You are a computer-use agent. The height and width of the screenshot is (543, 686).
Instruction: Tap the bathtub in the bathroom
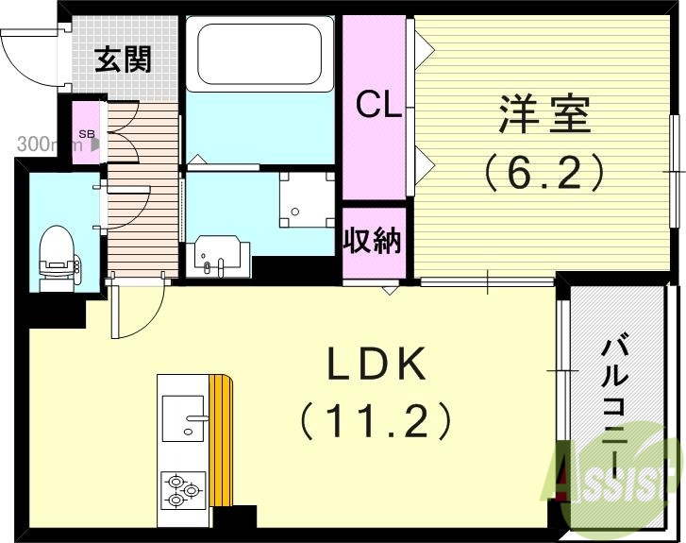pos(259,54)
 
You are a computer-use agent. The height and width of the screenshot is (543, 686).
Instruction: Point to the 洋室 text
pos(545,119)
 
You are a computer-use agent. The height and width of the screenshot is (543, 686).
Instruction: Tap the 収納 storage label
pos(373,241)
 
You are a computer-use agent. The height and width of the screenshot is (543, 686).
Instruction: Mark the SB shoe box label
pos(86,134)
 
